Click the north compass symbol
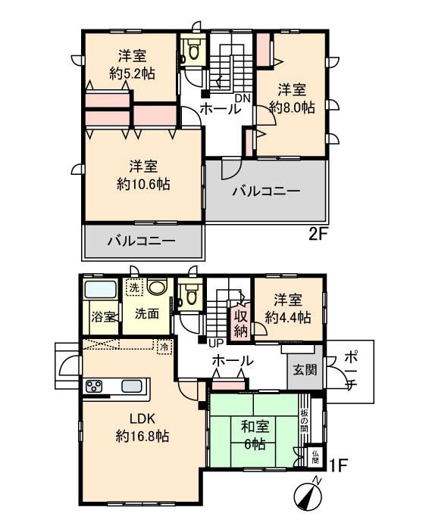coord(308,497)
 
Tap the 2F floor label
coord(318,235)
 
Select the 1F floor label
coord(338,465)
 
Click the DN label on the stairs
coord(243,98)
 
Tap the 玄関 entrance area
coord(305,369)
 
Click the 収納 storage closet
coord(240,322)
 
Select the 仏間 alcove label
coord(315,456)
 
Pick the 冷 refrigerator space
coord(164,347)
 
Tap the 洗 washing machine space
coord(134,288)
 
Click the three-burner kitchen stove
coord(94,387)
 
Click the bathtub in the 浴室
coord(101,290)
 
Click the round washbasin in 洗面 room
coord(157,287)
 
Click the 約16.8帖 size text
coord(142,436)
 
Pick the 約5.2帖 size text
coord(133,73)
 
